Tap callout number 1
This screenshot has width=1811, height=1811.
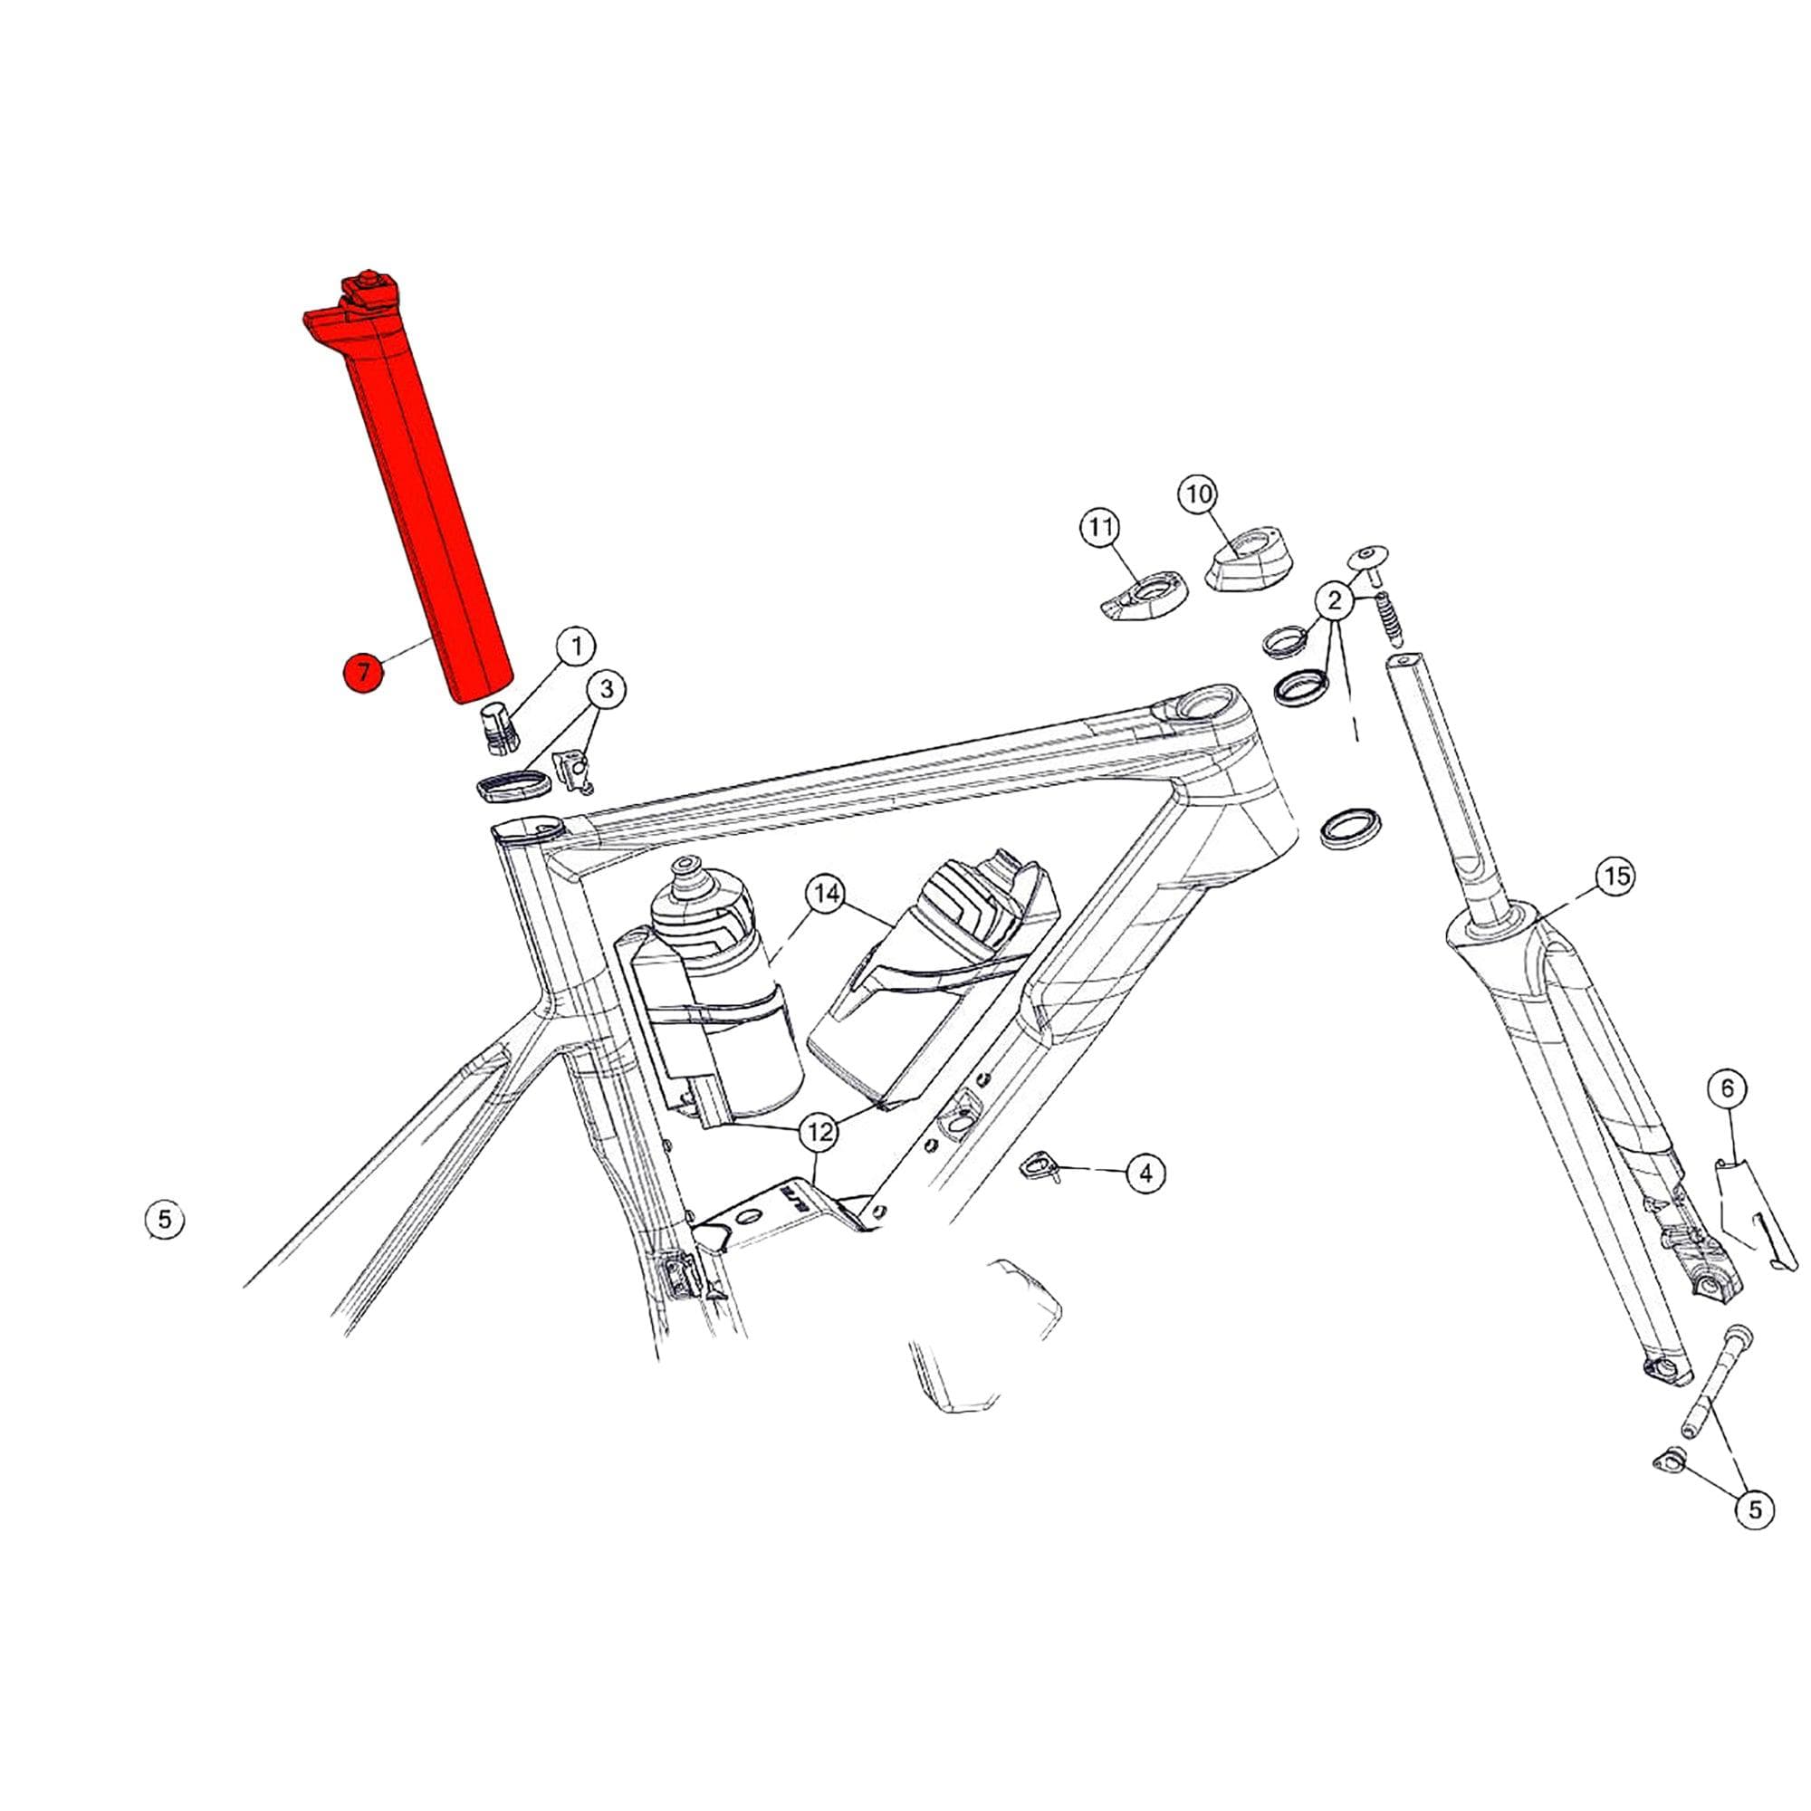(x=577, y=647)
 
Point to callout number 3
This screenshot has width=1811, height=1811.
(x=607, y=691)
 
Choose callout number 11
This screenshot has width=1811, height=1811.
(x=1100, y=528)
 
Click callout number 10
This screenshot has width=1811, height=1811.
(x=1200, y=494)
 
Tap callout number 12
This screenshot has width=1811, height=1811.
(x=819, y=1134)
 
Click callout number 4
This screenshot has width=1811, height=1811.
(x=1145, y=1172)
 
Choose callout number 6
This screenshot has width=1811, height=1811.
(x=1728, y=1088)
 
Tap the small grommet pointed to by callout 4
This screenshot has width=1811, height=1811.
(x=1038, y=1165)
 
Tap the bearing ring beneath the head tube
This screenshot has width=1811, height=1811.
(x=1349, y=825)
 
